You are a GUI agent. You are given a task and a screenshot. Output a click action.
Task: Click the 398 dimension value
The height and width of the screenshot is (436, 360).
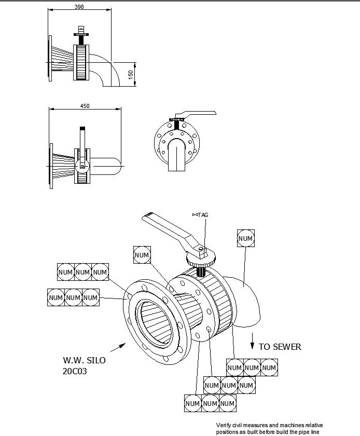pos(79,7)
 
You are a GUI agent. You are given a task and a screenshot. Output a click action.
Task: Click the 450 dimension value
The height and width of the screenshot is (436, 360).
pos(85,106)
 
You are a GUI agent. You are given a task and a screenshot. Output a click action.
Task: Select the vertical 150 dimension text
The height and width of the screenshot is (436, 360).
pos(131,74)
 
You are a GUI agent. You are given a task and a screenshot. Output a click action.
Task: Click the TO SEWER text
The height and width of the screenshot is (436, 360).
pos(280,347)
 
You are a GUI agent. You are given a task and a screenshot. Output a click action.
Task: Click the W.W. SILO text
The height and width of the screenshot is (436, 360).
pos(84,360)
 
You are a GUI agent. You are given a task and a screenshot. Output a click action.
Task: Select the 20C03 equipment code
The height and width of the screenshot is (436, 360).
pos(76,372)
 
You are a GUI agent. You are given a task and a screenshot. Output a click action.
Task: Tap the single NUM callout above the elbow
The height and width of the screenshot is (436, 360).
pos(245,239)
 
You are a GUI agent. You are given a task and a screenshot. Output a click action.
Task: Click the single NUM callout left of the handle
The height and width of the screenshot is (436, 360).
pos(142,255)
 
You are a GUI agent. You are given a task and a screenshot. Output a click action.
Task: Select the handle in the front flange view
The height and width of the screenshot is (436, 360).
pos(195,115)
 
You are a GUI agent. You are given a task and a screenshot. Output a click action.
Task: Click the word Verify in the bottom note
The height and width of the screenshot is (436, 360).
pos(225,425)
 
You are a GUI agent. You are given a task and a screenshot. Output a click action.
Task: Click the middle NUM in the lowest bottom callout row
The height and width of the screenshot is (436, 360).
pos(210,403)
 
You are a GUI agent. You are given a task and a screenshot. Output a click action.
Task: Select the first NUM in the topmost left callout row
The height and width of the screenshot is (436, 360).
pos(65,272)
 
